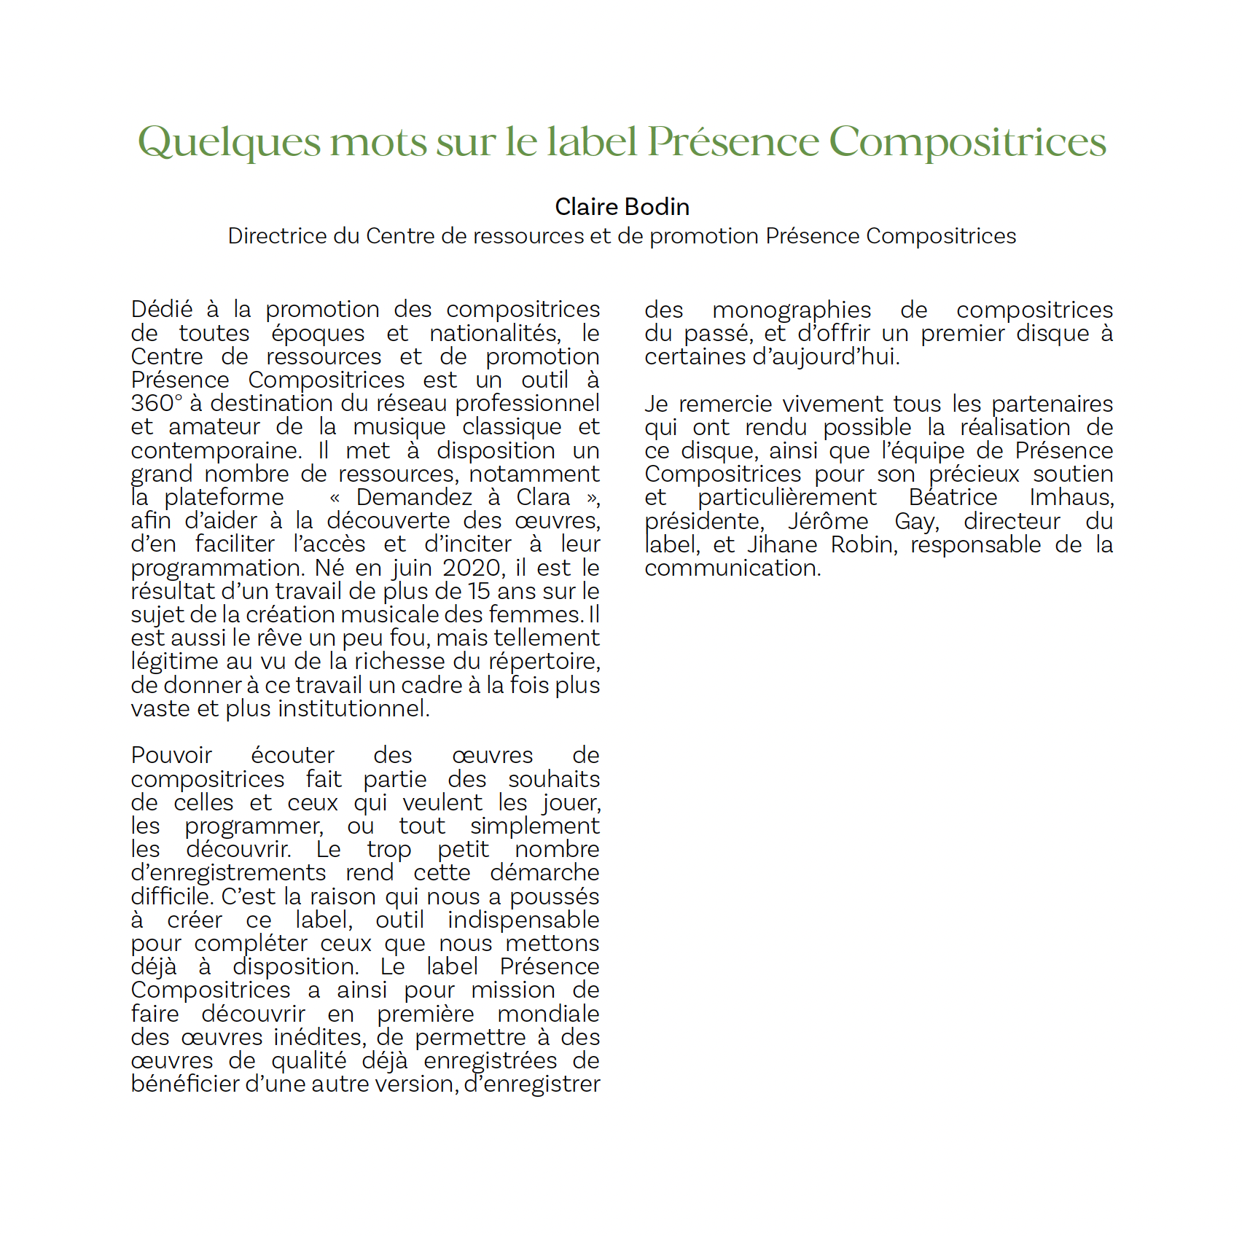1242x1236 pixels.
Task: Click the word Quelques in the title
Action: pos(229,141)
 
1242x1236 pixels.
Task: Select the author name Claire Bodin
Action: pos(622,207)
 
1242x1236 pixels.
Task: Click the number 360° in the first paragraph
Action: pos(157,403)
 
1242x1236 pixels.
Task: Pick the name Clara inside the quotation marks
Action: pos(543,497)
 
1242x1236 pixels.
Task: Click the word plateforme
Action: pos(224,497)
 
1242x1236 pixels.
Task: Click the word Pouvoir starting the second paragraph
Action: pos(171,755)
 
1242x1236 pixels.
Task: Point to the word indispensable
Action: pos(523,920)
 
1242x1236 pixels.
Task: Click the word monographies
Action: pos(791,310)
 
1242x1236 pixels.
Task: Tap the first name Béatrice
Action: pos(953,497)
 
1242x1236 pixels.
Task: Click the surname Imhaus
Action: pos(1071,497)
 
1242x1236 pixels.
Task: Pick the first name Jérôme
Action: pos(828,521)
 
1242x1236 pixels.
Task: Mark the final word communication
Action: pos(732,568)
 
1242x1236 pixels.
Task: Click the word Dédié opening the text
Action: pos(162,309)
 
